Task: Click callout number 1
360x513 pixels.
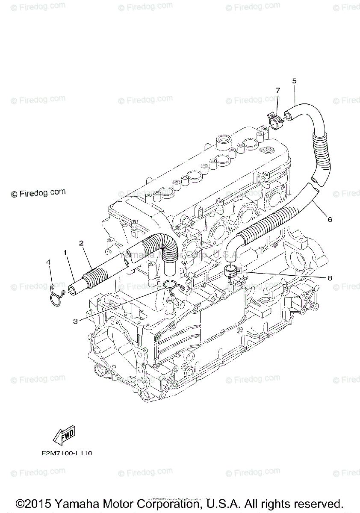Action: pyautogui.click(x=65, y=253)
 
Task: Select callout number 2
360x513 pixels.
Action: pyautogui.click(x=81, y=243)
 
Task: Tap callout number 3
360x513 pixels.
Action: pyautogui.click(x=75, y=321)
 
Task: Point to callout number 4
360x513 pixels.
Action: pyautogui.click(x=49, y=262)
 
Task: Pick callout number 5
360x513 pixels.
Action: pyautogui.click(x=294, y=80)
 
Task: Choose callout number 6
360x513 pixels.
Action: pyautogui.click(x=330, y=220)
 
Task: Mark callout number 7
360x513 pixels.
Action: pyautogui.click(x=278, y=90)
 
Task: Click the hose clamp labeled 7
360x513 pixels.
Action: pyautogui.click(x=275, y=120)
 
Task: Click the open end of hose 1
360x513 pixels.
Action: pyautogui.click(x=71, y=290)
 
